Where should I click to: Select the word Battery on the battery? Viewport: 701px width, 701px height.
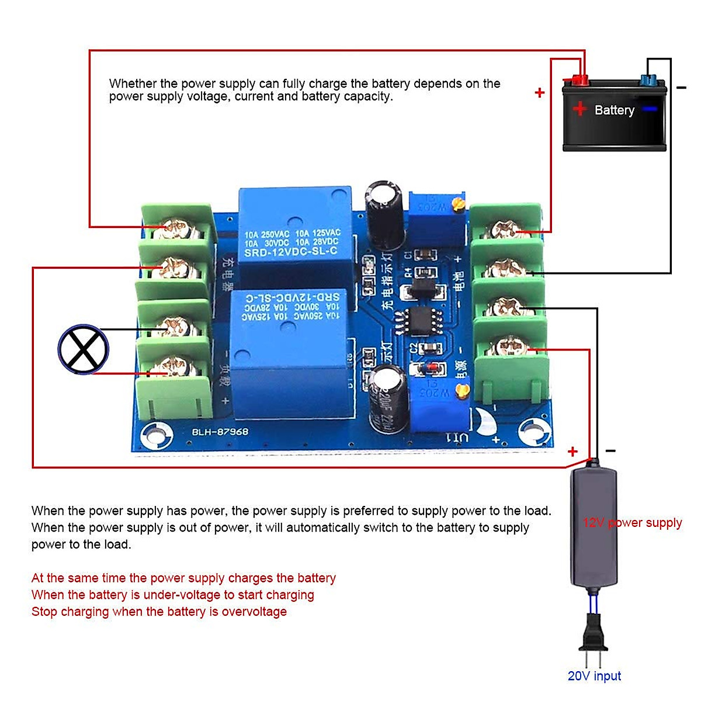[x=614, y=110]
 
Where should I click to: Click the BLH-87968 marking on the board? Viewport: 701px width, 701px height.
[x=220, y=432]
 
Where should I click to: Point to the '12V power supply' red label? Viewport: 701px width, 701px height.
[x=632, y=522]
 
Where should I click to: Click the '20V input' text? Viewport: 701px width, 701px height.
[x=594, y=676]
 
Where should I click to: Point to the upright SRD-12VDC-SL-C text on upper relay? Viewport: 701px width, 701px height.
[x=290, y=252]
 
